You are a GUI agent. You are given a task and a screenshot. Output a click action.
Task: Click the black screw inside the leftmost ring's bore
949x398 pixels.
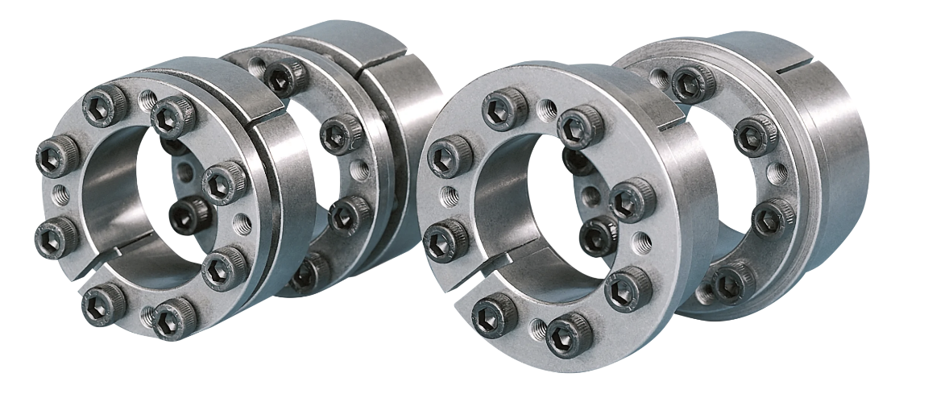click(x=190, y=215)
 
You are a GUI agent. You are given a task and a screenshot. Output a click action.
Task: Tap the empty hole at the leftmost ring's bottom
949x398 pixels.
click(x=147, y=316)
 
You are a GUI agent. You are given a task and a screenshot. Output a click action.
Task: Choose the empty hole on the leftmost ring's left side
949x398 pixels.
click(x=59, y=193)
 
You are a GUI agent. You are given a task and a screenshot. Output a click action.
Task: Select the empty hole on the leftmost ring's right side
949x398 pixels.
click(x=238, y=219)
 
